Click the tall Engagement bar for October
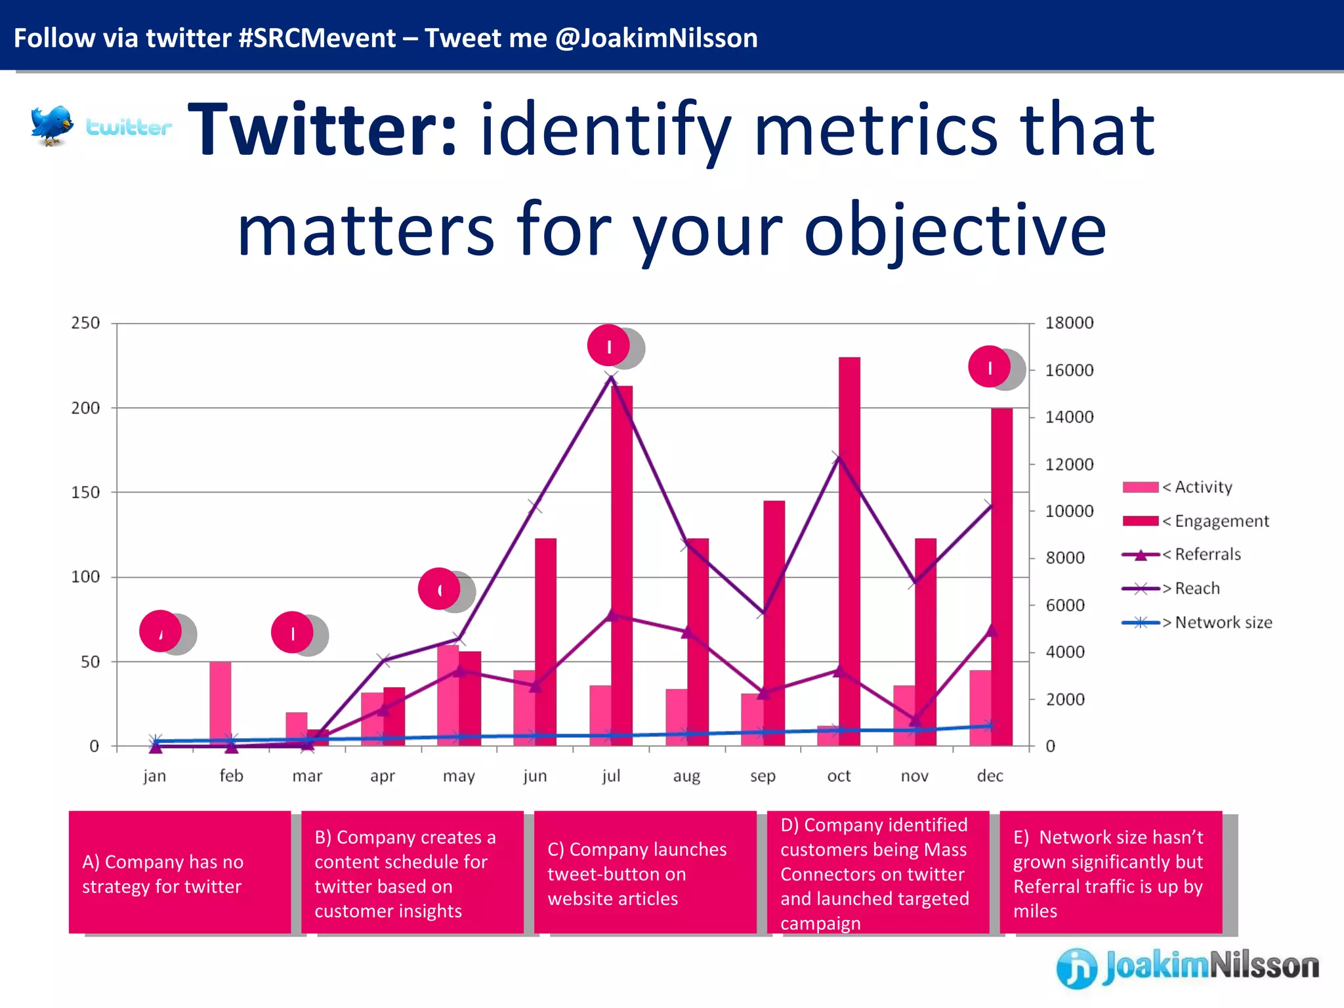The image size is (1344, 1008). (x=849, y=551)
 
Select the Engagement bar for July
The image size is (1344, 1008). (x=622, y=564)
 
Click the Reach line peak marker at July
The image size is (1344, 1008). (x=611, y=377)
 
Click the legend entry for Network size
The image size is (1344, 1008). (x=1198, y=622)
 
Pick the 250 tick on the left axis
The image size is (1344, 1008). (x=85, y=323)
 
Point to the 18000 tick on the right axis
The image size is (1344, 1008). (x=1069, y=323)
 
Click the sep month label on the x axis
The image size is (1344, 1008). (x=763, y=776)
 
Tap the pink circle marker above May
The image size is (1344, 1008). (x=439, y=589)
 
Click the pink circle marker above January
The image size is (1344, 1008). (x=160, y=631)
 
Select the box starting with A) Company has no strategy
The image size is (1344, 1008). (x=180, y=872)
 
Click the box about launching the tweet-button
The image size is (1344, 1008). (x=645, y=872)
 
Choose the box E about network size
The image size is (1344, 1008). (x=1110, y=872)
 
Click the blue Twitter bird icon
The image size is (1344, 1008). (x=51, y=125)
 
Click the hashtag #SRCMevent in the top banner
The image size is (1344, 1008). (x=317, y=38)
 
